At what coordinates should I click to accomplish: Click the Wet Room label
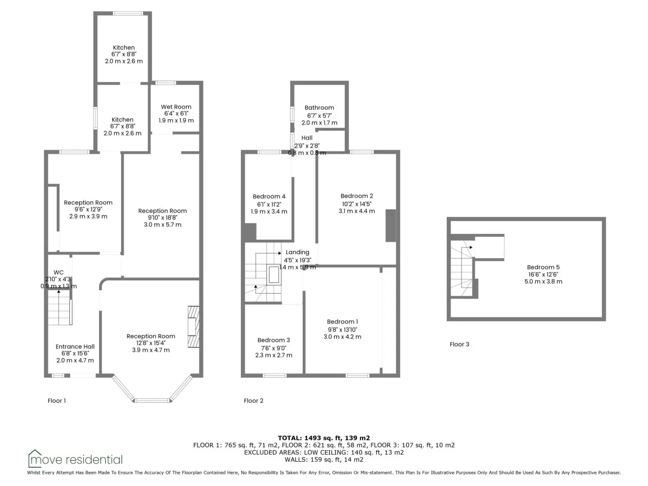(176, 107)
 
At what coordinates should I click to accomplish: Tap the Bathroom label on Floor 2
(319, 108)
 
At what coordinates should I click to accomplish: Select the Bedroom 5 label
(543, 267)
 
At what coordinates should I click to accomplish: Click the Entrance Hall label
(75, 346)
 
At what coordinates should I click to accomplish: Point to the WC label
(58, 272)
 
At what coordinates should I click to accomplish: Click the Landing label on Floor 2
(297, 252)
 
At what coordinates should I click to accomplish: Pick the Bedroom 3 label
(274, 340)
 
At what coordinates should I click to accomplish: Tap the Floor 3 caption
(459, 344)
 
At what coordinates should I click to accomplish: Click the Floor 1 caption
(57, 400)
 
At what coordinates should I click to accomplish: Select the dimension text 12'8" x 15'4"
(151, 343)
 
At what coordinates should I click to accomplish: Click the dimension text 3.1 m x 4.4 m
(356, 211)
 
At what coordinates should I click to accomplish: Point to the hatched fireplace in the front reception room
(193, 326)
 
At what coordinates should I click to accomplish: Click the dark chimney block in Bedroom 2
(391, 226)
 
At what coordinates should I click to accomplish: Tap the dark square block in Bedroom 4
(250, 233)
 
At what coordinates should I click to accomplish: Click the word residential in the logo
(94, 460)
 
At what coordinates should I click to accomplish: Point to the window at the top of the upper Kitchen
(128, 13)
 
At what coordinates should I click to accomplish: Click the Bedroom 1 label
(342, 322)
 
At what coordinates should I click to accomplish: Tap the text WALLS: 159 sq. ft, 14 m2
(324, 459)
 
